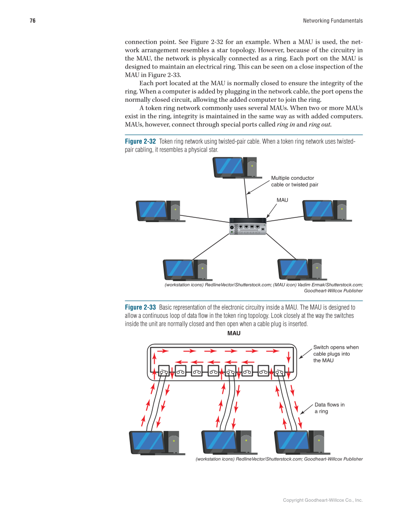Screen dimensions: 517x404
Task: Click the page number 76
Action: click(32, 21)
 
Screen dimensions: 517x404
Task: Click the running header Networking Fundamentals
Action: click(333, 21)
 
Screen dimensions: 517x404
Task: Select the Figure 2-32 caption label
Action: click(140, 142)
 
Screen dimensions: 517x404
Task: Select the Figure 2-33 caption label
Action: click(140, 307)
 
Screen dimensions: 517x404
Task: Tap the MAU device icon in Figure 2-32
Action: click(247, 226)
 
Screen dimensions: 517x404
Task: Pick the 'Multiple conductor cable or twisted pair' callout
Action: click(295, 181)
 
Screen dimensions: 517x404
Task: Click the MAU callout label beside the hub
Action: click(282, 200)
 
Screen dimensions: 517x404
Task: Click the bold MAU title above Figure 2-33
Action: click(234, 333)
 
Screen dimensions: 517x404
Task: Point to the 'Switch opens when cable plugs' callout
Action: click(336, 354)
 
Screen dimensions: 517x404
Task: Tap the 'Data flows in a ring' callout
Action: click(329, 408)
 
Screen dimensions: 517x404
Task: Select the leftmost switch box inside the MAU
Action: click(164, 371)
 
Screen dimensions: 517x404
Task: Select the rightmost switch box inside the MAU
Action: click(280, 371)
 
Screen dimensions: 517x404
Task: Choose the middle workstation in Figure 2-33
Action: click(227, 442)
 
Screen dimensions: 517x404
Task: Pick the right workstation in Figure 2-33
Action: click(299, 442)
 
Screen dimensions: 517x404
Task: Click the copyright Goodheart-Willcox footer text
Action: click(323, 500)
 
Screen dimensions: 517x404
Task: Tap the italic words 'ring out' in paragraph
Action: click(319, 125)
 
